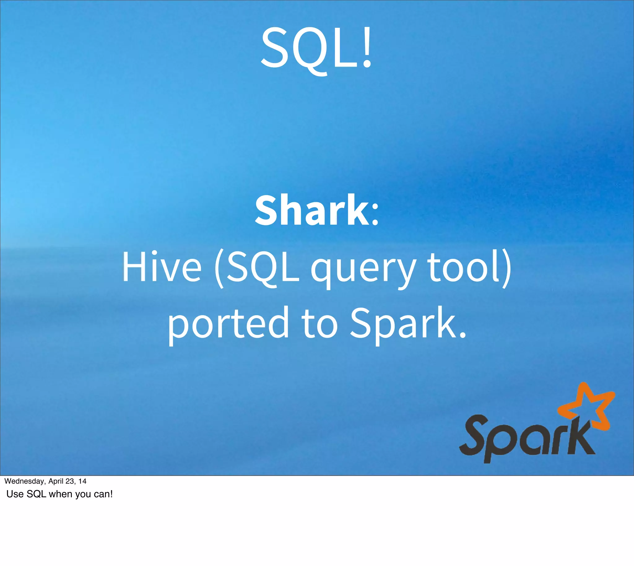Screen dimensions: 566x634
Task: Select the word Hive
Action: (162, 267)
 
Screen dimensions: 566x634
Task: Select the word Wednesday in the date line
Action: (25, 481)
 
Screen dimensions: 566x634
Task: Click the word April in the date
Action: (56, 481)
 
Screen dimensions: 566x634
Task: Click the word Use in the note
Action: (15, 494)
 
